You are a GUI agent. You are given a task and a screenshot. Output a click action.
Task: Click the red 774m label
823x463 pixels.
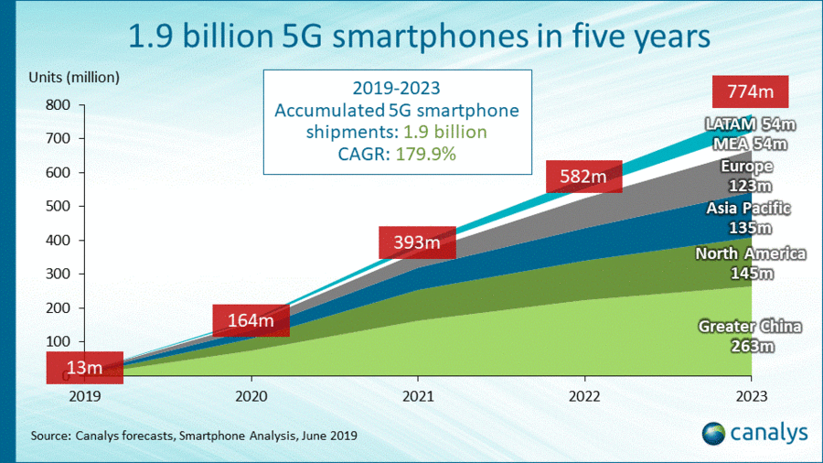(x=750, y=92)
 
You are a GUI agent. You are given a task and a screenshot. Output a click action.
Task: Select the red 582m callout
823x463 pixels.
(x=583, y=176)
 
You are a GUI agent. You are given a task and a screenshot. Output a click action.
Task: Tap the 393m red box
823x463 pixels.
(x=417, y=242)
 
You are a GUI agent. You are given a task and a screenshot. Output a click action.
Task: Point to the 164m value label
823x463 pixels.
(x=251, y=320)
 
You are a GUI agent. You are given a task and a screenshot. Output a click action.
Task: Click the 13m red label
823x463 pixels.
(x=84, y=368)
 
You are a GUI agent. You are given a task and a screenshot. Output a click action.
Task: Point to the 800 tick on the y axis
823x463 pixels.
(x=57, y=105)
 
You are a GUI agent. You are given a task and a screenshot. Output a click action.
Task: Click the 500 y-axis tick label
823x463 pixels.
(x=57, y=207)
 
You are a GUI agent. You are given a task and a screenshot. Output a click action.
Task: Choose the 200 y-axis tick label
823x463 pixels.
(x=57, y=308)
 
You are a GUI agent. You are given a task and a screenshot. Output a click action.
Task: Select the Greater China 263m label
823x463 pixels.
(x=750, y=336)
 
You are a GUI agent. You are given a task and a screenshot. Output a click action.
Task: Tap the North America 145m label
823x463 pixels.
(x=750, y=264)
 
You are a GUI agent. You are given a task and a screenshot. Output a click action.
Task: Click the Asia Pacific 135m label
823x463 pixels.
(x=748, y=218)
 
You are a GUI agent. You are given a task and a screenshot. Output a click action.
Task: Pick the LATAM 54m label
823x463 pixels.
(x=750, y=124)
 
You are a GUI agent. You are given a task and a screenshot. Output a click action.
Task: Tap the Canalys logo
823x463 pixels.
(x=754, y=433)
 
